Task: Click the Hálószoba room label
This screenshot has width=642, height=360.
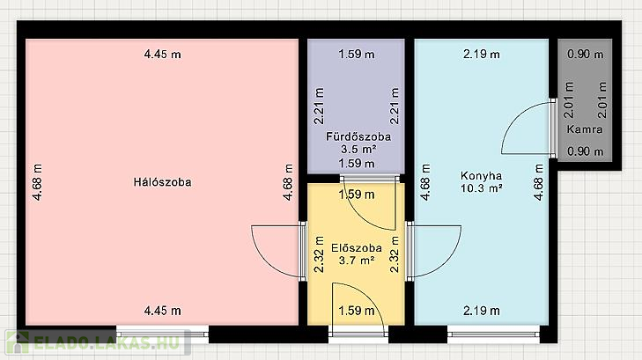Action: [162, 182]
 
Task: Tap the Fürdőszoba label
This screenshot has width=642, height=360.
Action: [358, 136]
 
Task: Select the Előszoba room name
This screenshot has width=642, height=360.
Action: [357, 248]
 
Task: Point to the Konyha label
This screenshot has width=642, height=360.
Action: [481, 176]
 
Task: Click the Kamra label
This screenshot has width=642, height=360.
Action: [585, 129]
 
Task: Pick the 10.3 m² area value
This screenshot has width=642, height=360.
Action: [482, 188]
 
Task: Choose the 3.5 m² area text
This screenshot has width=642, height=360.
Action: [358, 150]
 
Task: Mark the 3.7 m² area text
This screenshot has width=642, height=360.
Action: [357, 261]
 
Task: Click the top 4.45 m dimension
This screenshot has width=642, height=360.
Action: [163, 54]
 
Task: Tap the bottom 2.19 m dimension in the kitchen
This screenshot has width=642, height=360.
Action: [482, 311]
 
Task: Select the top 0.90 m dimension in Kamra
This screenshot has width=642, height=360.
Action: [586, 54]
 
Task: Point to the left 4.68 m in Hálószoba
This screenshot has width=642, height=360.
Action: [37, 182]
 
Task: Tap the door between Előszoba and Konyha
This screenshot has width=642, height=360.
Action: [433, 252]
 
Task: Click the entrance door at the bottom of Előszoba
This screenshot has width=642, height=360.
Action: [358, 310]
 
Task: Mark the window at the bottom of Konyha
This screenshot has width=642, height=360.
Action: [493, 334]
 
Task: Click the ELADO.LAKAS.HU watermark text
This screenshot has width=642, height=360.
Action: [107, 342]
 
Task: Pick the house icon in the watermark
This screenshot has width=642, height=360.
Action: [18, 342]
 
